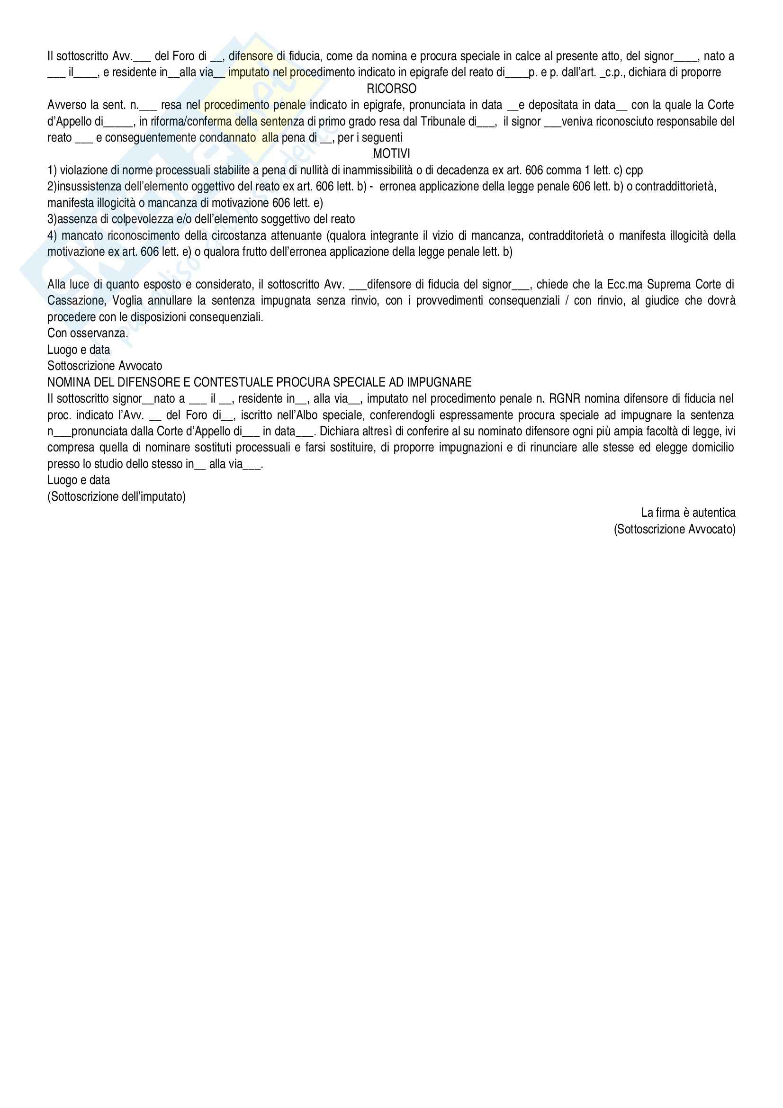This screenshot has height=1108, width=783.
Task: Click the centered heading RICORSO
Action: [391, 89]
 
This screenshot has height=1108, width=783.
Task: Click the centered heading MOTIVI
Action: [391, 154]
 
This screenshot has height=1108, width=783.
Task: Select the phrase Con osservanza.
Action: [87, 333]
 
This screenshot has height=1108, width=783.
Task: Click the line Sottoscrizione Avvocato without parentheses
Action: [105, 366]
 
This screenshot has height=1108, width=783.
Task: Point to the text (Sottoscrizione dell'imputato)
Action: [116, 496]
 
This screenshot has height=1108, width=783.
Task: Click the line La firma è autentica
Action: [688, 513]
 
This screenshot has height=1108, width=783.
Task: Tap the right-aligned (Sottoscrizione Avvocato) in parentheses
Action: [675, 530]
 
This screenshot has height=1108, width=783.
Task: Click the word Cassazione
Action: [76, 301]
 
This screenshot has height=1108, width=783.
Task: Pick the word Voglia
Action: [127, 301]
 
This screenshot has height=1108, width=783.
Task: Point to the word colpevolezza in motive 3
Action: [137, 220]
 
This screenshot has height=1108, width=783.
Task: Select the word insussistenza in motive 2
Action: [88, 187]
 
